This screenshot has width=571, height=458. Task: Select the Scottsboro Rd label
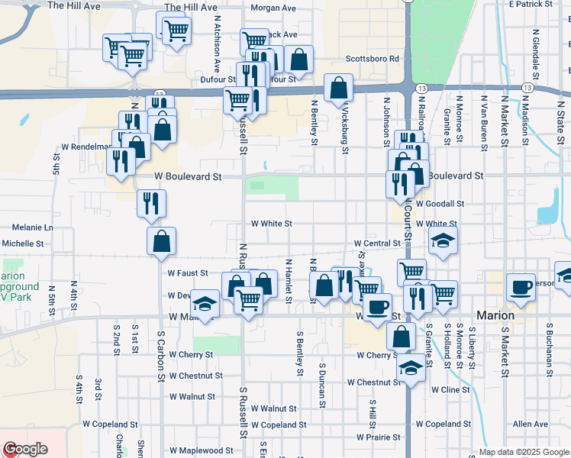[373, 59]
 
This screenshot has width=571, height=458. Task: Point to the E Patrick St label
[530, 5]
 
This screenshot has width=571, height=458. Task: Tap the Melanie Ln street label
[34, 227]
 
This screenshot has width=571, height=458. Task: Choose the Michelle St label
[23, 244]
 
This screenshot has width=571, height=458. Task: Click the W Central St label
[377, 244]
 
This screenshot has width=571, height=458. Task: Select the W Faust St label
[188, 273]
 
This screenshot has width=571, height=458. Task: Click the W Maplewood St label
[202, 451]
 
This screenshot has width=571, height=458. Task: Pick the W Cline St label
[450, 389]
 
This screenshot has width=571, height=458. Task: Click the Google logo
[25, 449]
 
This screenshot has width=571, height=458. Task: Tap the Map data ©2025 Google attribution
[524, 452]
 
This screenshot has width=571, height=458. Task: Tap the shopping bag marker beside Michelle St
[162, 241]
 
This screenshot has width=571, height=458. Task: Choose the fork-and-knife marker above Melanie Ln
[151, 203]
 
